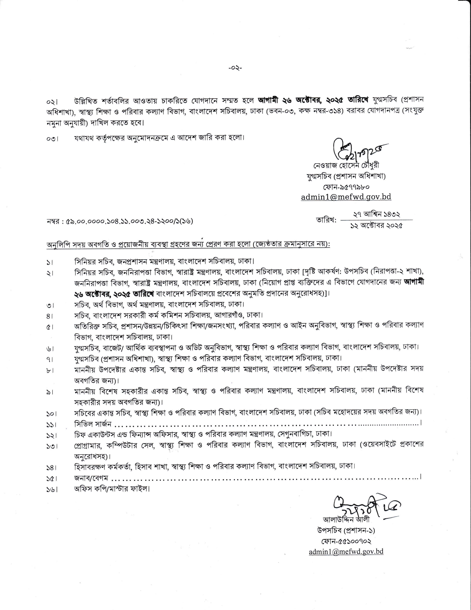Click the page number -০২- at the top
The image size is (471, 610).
click(235, 68)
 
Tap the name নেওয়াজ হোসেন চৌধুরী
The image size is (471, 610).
click(346, 165)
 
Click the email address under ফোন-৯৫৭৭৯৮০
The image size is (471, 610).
click(346, 197)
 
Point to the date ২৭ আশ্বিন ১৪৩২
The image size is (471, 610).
click(377, 214)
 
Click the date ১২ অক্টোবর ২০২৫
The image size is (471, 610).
click(377, 226)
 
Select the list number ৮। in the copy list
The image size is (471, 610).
click(51, 371)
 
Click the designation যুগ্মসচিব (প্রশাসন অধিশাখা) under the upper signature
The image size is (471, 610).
click(346, 176)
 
